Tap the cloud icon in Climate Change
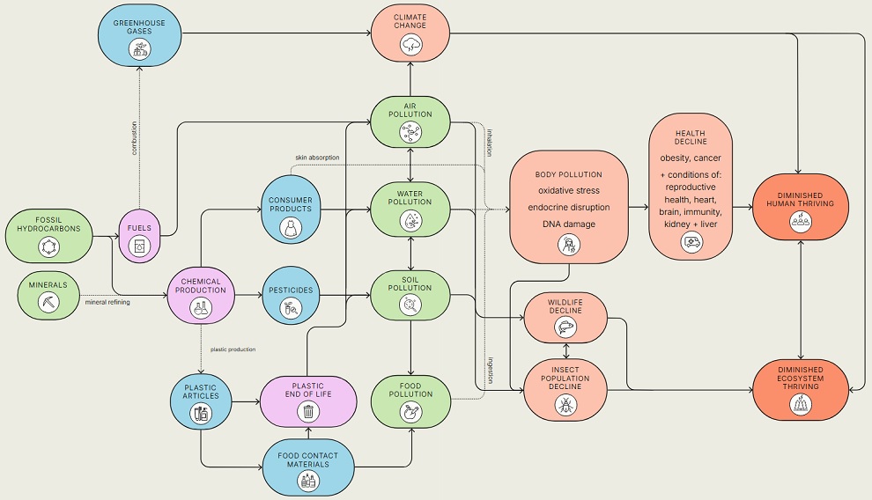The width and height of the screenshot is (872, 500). click(411, 44)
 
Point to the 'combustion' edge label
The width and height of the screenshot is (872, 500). click(134, 137)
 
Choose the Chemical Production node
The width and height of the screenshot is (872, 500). click(201, 296)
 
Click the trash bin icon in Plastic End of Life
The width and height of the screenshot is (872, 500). click(308, 410)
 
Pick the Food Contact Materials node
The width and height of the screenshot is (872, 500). click(308, 467)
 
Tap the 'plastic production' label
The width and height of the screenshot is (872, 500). click(233, 349)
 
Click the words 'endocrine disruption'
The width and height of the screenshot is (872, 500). click(569, 207)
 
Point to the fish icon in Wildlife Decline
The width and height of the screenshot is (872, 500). click(565, 327)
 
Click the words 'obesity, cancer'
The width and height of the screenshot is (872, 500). click(691, 158)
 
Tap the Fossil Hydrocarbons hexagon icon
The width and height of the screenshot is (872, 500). click(48, 249)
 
